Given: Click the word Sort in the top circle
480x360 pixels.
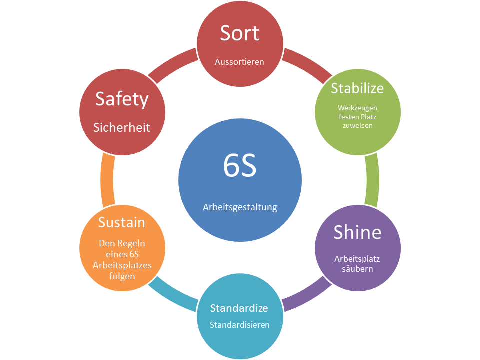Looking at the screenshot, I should pyautogui.click(x=240, y=33).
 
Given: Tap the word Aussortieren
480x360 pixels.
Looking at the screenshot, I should pyautogui.click(x=240, y=62).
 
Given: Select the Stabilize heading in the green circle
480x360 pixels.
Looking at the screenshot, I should pyautogui.click(x=357, y=88).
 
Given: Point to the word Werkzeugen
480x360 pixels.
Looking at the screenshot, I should pyautogui.click(x=357, y=107).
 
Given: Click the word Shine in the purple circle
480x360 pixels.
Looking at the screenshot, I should pyautogui.click(x=357, y=232).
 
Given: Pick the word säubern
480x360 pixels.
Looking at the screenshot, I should pyautogui.click(x=357, y=269).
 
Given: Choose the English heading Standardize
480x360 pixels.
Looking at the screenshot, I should pyautogui.click(x=239, y=307).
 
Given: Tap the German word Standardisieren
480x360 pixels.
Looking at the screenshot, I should pyautogui.click(x=240, y=325).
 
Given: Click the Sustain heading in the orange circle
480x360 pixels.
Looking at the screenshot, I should pyautogui.click(x=122, y=222).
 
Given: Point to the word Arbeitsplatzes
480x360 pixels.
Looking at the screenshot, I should pyautogui.click(x=122, y=265).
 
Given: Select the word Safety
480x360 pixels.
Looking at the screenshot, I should pyautogui.click(x=122, y=99).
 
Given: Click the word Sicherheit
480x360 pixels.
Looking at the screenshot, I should pyautogui.click(x=122, y=127).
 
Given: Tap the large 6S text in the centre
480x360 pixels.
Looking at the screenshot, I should pyautogui.click(x=240, y=167).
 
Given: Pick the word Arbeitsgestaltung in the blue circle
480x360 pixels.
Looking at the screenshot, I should pyautogui.click(x=240, y=207).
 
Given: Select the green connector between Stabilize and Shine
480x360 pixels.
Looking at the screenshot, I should pyautogui.click(x=372, y=180).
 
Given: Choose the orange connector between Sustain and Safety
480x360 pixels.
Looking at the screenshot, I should pyautogui.click(x=107, y=180).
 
